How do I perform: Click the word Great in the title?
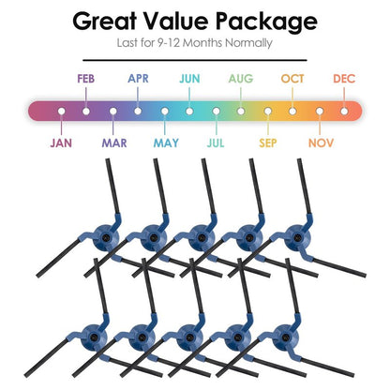point(105,21)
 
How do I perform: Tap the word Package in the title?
point(266,22)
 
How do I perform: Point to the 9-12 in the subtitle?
point(169,42)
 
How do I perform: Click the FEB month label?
point(86,79)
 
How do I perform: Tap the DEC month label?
point(344,79)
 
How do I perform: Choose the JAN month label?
point(61,143)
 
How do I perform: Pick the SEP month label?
point(268,143)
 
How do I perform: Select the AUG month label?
point(241,79)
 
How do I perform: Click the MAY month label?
point(166,143)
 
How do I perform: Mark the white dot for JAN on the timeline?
point(62,112)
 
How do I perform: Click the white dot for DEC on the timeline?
point(344,112)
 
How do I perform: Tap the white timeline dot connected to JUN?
point(189,112)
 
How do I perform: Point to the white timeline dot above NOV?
point(320,112)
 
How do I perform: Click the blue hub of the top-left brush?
point(105,238)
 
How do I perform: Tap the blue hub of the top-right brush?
point(297,238)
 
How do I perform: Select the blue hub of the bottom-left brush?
point(94,337)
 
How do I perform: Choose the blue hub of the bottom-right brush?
point(285,337)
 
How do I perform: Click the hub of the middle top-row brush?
point(202,238)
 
